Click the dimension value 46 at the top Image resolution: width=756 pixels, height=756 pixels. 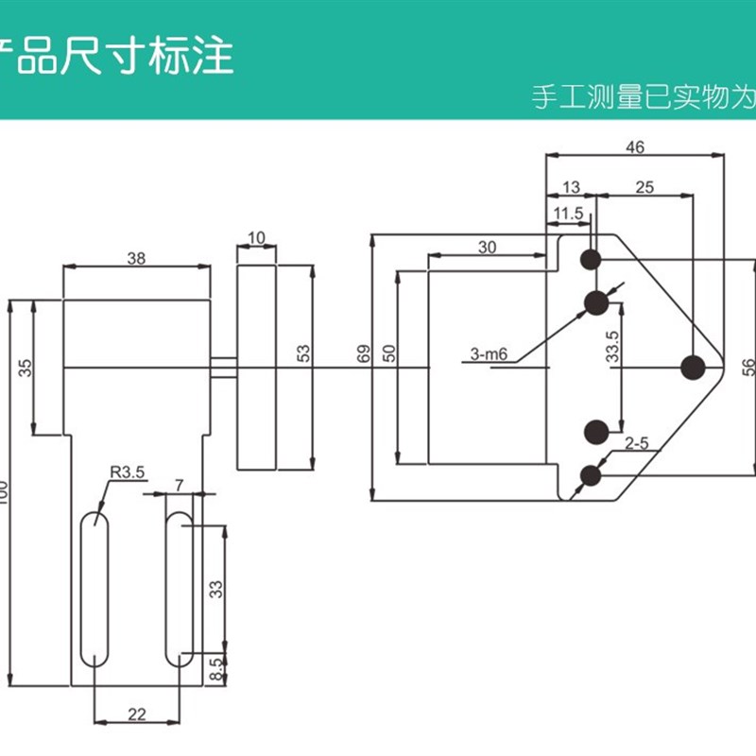(x=634, y=146)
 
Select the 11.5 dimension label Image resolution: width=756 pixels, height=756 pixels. (x=569, y=214)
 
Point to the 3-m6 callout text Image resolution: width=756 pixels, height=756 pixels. (x=489, y=355)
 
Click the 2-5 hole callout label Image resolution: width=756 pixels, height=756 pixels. (x=636, y=441)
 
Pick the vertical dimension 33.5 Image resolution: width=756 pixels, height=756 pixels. (x=612, y=348)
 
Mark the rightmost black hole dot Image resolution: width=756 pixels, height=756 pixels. (x=693, y=367)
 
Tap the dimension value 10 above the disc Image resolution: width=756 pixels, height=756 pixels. (x=256, y=237)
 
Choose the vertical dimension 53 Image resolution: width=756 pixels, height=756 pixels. (x=303, y=353)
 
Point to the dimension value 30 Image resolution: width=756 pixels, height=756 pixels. (x=487, y=248)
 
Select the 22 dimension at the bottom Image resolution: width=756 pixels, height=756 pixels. (x=136, y=714)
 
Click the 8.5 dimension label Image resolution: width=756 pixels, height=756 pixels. (x=215, y=669)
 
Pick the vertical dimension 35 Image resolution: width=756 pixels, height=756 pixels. (x=25, y=367)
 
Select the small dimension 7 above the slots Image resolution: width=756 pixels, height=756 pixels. (x=179, y=485)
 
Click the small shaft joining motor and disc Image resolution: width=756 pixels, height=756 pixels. (x=223, y=367)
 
